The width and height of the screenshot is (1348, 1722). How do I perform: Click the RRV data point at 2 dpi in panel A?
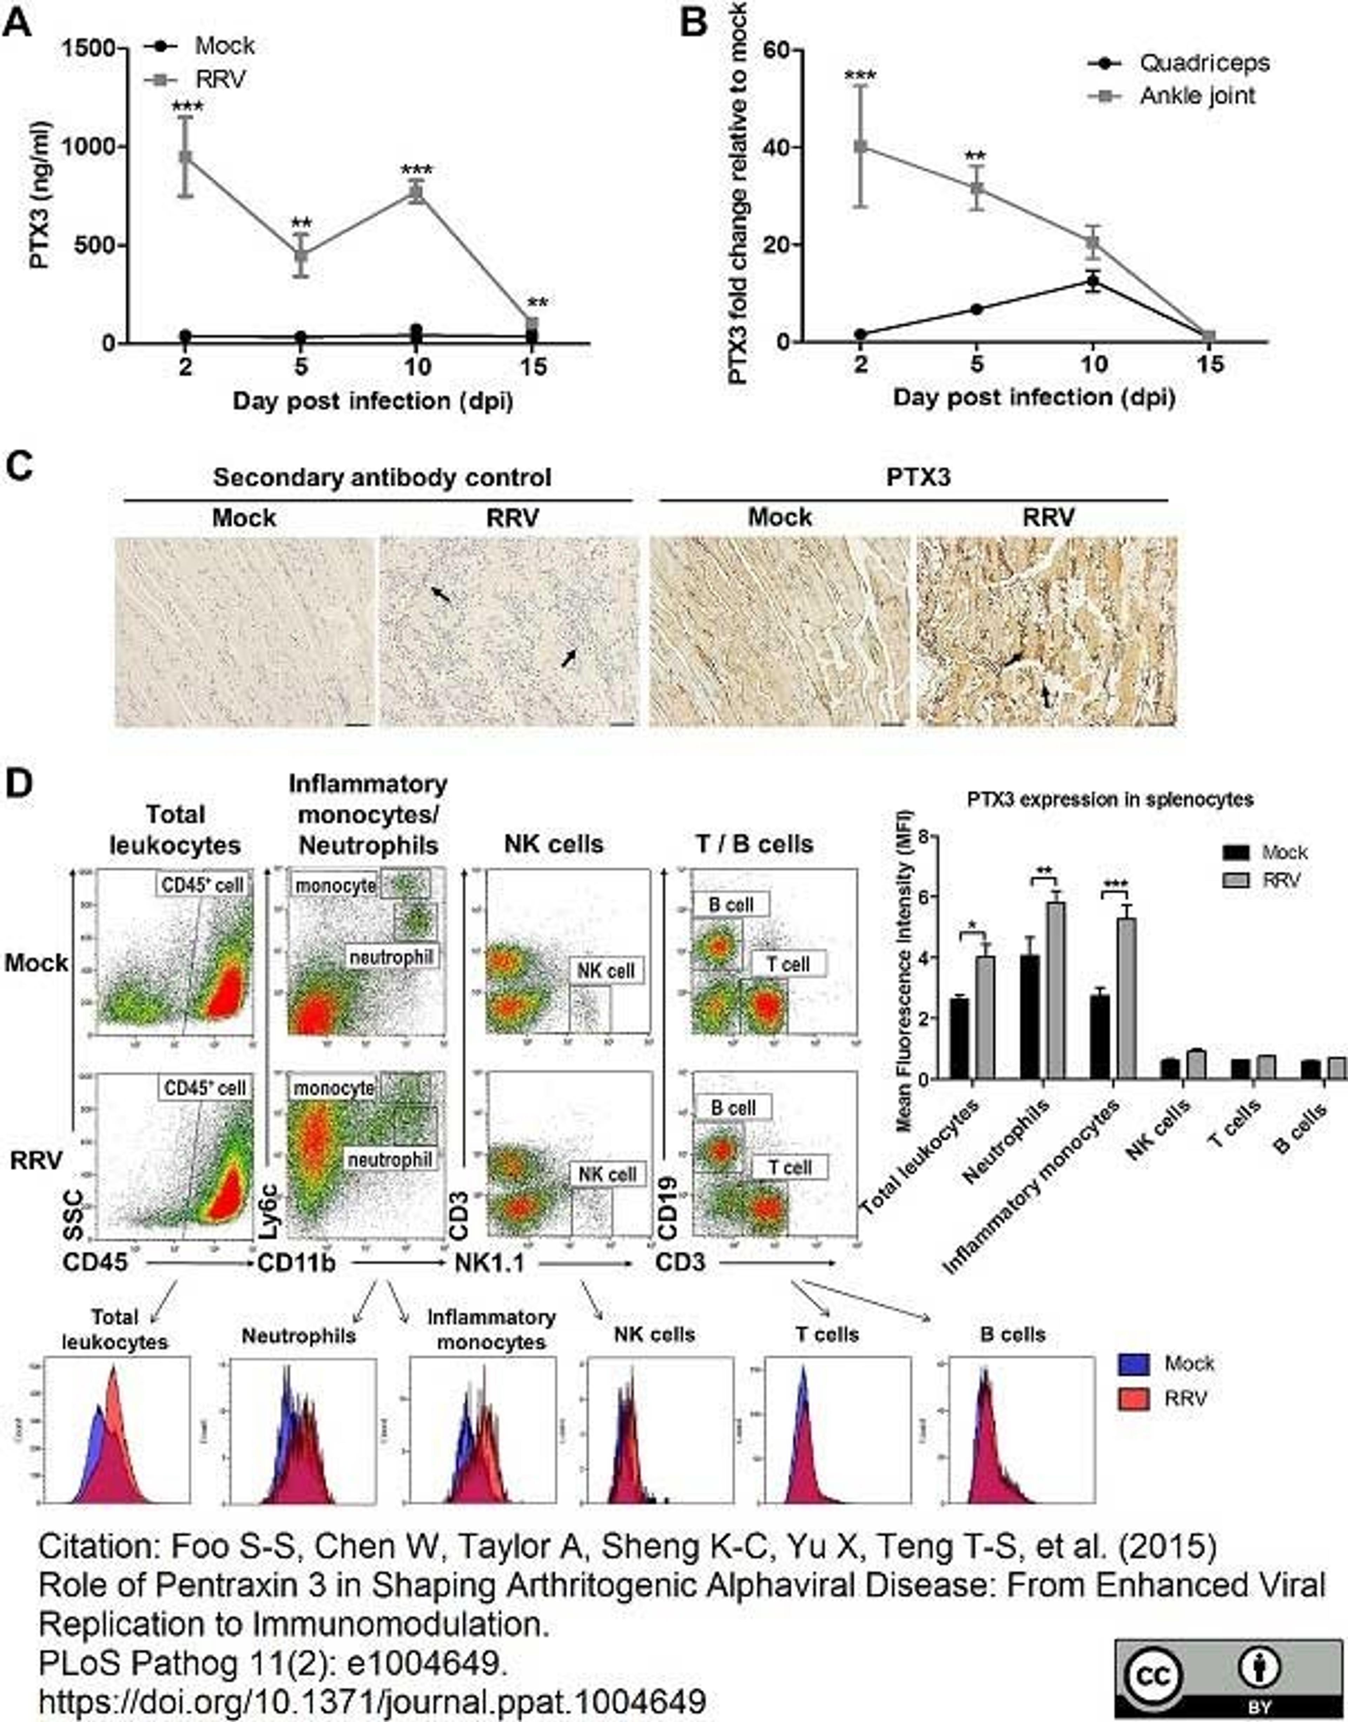[185, 156]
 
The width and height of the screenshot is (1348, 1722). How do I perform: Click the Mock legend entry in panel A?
[224, 46]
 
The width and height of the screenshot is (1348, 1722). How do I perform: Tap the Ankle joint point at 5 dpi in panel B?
[977, 188]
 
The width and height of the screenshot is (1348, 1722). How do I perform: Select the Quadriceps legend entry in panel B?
[1204, 63]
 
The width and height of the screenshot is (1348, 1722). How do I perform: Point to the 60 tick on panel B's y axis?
[777, 51]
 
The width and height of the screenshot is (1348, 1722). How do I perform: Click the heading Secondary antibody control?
[382, 478]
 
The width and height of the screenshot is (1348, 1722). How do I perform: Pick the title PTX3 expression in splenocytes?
[1110, 799]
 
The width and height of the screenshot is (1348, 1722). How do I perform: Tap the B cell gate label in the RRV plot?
[732, 1108]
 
